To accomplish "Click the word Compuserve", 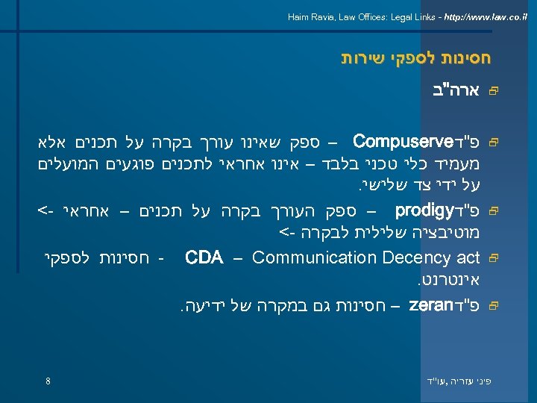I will (x=392, y=141).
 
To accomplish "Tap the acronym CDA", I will (x=204, y=258).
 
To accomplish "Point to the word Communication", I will (x=306, y=258).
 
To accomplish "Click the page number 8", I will (x=48, y=381).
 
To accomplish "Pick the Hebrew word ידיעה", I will (x=201, y=306).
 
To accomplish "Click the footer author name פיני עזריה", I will (x=467, y=381).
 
